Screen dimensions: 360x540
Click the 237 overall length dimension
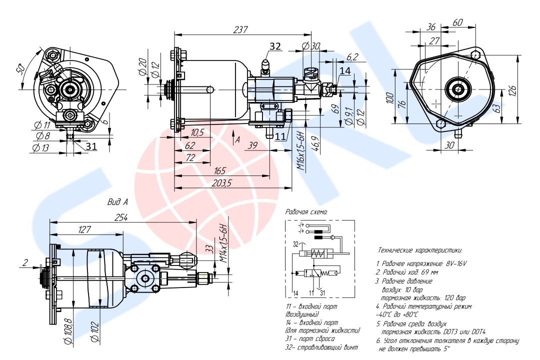pos(241,30)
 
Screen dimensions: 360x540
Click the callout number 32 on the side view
pos(275,46)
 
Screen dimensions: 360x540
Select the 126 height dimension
pos(523,90)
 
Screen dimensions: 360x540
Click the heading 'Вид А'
pos(118,202)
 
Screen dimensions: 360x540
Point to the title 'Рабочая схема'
pos(306,212)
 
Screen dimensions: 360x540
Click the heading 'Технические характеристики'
pos(420,249)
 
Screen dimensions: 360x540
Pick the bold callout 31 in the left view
pos(91,146)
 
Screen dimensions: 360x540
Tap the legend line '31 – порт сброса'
pos(310,339)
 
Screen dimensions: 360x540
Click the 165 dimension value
pos(219,171)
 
